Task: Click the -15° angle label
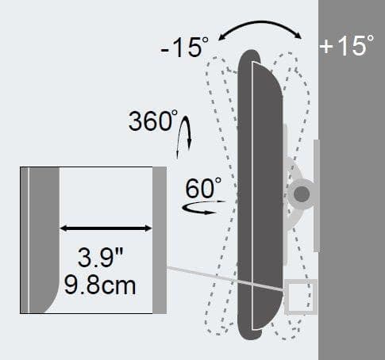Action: point(184,47)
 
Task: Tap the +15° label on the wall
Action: point(347,45)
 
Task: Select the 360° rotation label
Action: point(153,121)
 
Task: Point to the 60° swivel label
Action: point(203,187)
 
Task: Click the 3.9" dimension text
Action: point(101,257)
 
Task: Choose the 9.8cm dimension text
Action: point(100,285)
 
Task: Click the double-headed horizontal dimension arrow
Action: point(106,228)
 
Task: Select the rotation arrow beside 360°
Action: point(184,137)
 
